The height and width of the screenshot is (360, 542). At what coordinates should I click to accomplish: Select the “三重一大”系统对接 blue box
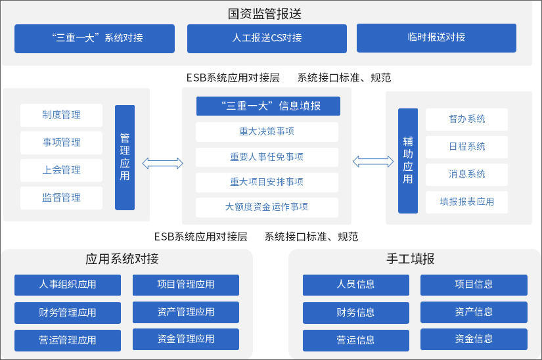click(95, 38)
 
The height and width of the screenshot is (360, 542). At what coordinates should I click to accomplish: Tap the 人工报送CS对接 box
click(267, 38)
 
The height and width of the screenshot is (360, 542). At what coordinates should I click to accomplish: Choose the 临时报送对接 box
click(436, 37)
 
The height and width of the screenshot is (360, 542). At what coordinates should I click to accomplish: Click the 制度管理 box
click(62, 115)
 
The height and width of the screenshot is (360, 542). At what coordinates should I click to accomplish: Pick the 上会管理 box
click(62, 170)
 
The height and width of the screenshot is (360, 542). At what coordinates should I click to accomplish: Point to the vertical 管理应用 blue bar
click(125, 158)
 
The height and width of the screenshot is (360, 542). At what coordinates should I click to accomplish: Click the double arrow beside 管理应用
click(163, 163)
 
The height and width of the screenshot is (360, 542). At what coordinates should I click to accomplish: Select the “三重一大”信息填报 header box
click(268, 106)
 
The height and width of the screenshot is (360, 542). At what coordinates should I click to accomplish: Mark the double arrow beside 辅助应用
click(373, 161)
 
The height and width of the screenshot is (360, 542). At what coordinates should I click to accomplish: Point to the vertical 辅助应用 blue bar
click(408, 161)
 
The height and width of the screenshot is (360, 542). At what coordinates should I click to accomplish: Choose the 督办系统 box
click(467, 119)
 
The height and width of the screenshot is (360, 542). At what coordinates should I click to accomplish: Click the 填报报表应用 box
click(467, 202)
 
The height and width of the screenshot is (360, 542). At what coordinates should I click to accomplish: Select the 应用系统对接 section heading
click(122, 258)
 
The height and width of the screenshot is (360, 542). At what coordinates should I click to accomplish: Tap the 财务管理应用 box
click(68, 313)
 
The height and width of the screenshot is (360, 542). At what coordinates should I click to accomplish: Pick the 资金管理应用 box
click(186, 339)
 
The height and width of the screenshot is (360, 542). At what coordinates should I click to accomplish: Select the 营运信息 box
click(356, 340)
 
